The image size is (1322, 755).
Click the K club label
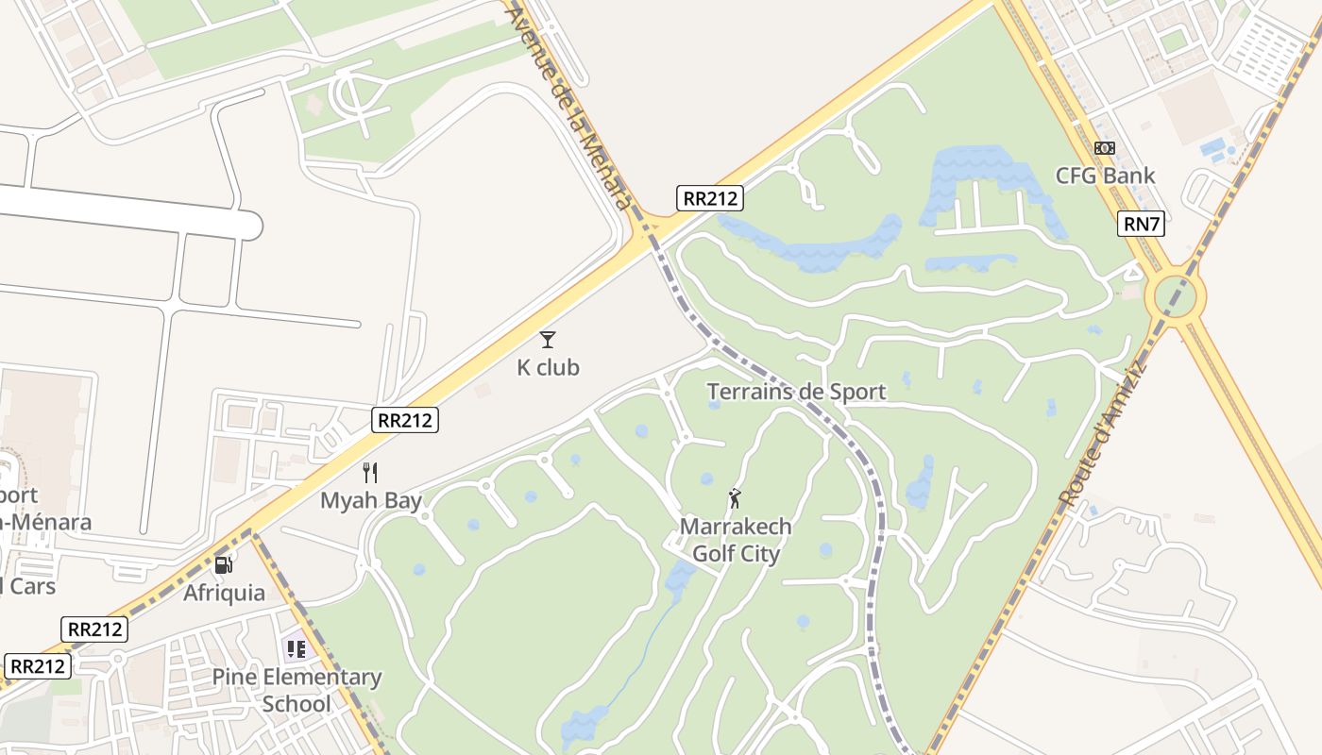point(548,367)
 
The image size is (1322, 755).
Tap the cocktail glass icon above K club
point(548,340)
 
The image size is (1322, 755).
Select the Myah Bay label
point(371,500)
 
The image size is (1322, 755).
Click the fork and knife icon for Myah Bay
point(370,473)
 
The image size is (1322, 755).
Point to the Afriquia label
point(224,593)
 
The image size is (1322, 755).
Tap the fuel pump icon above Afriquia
point(224,565)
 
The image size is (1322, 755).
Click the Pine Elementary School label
point(297,690)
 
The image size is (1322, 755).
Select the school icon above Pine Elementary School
point(297,648)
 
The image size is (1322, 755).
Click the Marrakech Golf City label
point(736,539)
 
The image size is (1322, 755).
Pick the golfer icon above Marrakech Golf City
point(735,497)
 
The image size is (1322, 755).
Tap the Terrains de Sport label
point(796,392)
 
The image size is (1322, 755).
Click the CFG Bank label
point(1105,176)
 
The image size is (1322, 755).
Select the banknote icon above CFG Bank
point(1105,148)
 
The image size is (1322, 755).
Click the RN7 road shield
point(1141,224)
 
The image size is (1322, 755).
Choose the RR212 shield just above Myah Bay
point(406,420)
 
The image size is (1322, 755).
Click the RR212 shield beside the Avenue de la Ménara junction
point(710,198)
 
